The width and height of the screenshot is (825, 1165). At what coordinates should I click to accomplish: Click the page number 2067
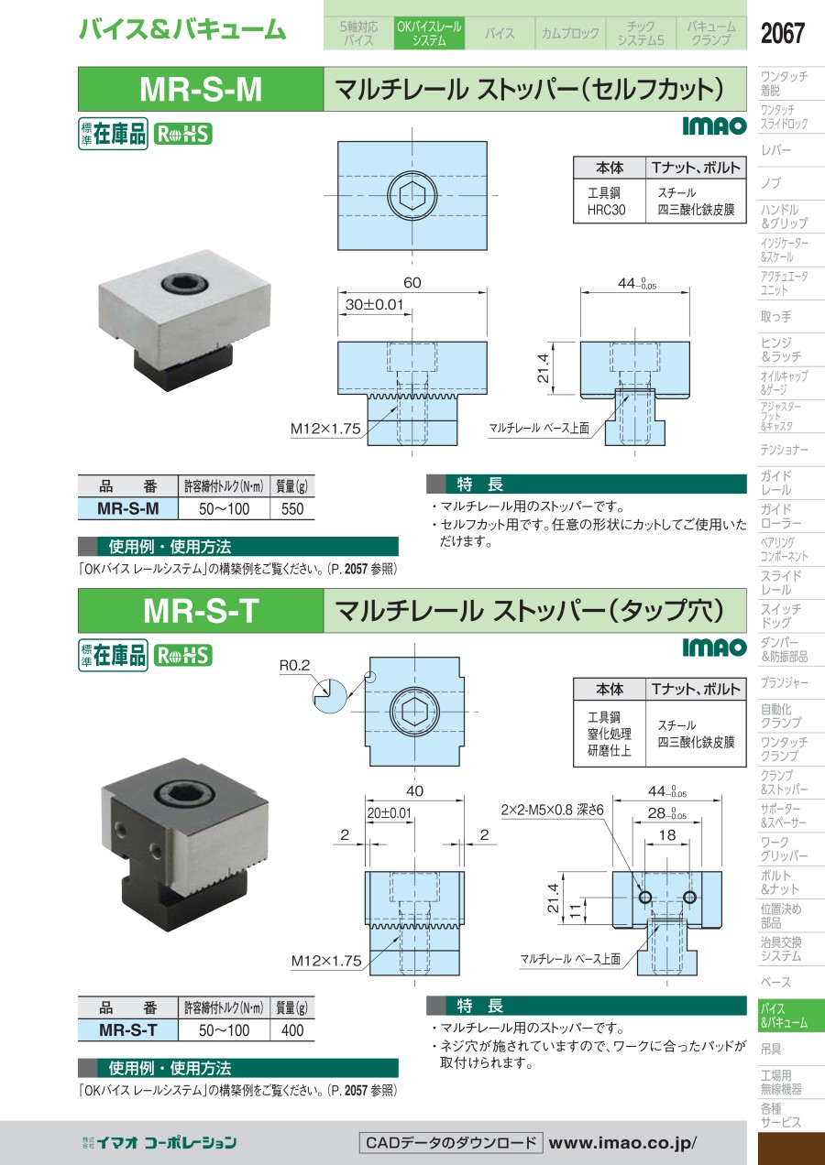click(782, 33)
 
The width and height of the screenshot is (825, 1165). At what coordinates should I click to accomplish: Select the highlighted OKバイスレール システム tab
click(429, 33)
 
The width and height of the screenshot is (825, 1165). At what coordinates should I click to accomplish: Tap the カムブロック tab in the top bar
click(570, 34)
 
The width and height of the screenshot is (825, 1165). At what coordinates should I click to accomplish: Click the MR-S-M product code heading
click(201, 89)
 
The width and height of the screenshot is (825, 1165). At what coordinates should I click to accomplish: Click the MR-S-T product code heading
click(201, 611)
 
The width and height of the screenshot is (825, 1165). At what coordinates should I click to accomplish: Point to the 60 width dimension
click(412, 282)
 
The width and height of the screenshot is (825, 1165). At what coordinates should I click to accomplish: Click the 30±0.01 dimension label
click(374, 304)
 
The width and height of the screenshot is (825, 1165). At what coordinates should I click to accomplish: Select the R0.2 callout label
click(294, 665)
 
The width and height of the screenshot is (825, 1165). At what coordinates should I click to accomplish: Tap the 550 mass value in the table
click(292, 508)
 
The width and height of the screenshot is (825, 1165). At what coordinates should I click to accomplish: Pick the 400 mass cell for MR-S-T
click(292, 1030)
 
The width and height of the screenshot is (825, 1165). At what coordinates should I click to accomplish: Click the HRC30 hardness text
click(607, 210)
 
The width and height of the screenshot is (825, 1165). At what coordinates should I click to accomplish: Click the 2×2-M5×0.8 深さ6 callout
click(552, 810)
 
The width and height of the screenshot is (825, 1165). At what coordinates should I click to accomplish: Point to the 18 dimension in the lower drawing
click(666, 834)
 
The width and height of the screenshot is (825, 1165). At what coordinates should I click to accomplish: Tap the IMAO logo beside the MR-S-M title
click(715, 125)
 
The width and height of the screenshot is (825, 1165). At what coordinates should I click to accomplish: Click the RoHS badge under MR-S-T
click(182, 656)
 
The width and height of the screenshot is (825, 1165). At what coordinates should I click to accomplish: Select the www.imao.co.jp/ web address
click(622, 1143)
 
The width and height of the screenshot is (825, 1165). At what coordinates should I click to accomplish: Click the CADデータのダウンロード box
click(451, 1143)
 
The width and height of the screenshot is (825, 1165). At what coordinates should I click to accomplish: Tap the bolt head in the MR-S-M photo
click(185, 284)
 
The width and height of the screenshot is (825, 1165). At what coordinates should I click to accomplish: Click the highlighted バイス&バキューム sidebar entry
click(784, 1016)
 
